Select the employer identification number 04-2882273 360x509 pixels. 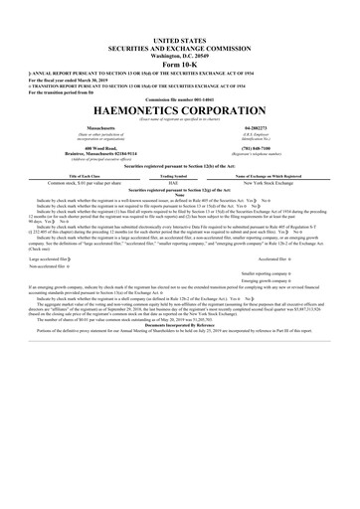(x=270, y=128)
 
